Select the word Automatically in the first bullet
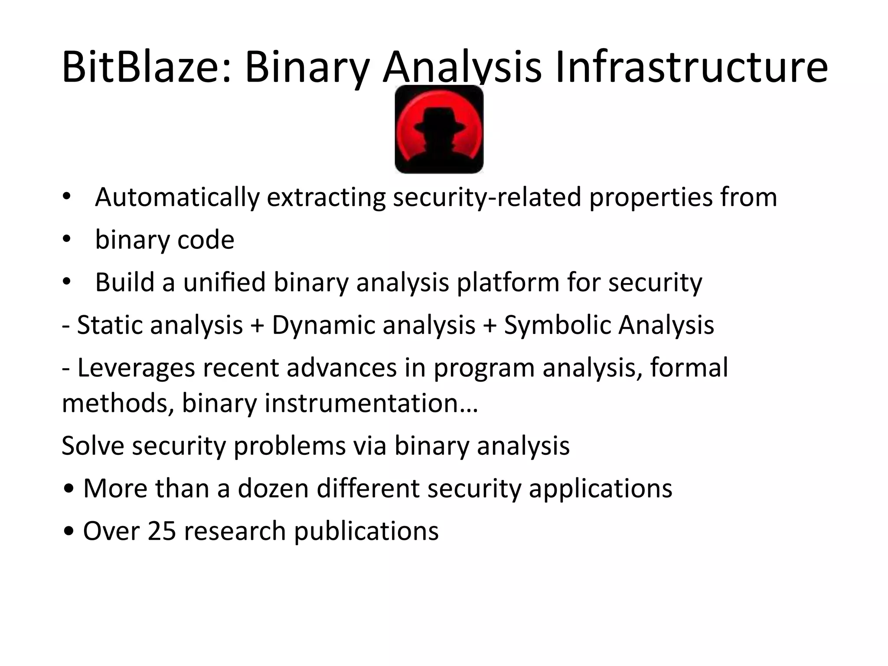[x=177, y=197]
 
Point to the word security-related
[x=487, y=197]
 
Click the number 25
[x=161, y=531]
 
